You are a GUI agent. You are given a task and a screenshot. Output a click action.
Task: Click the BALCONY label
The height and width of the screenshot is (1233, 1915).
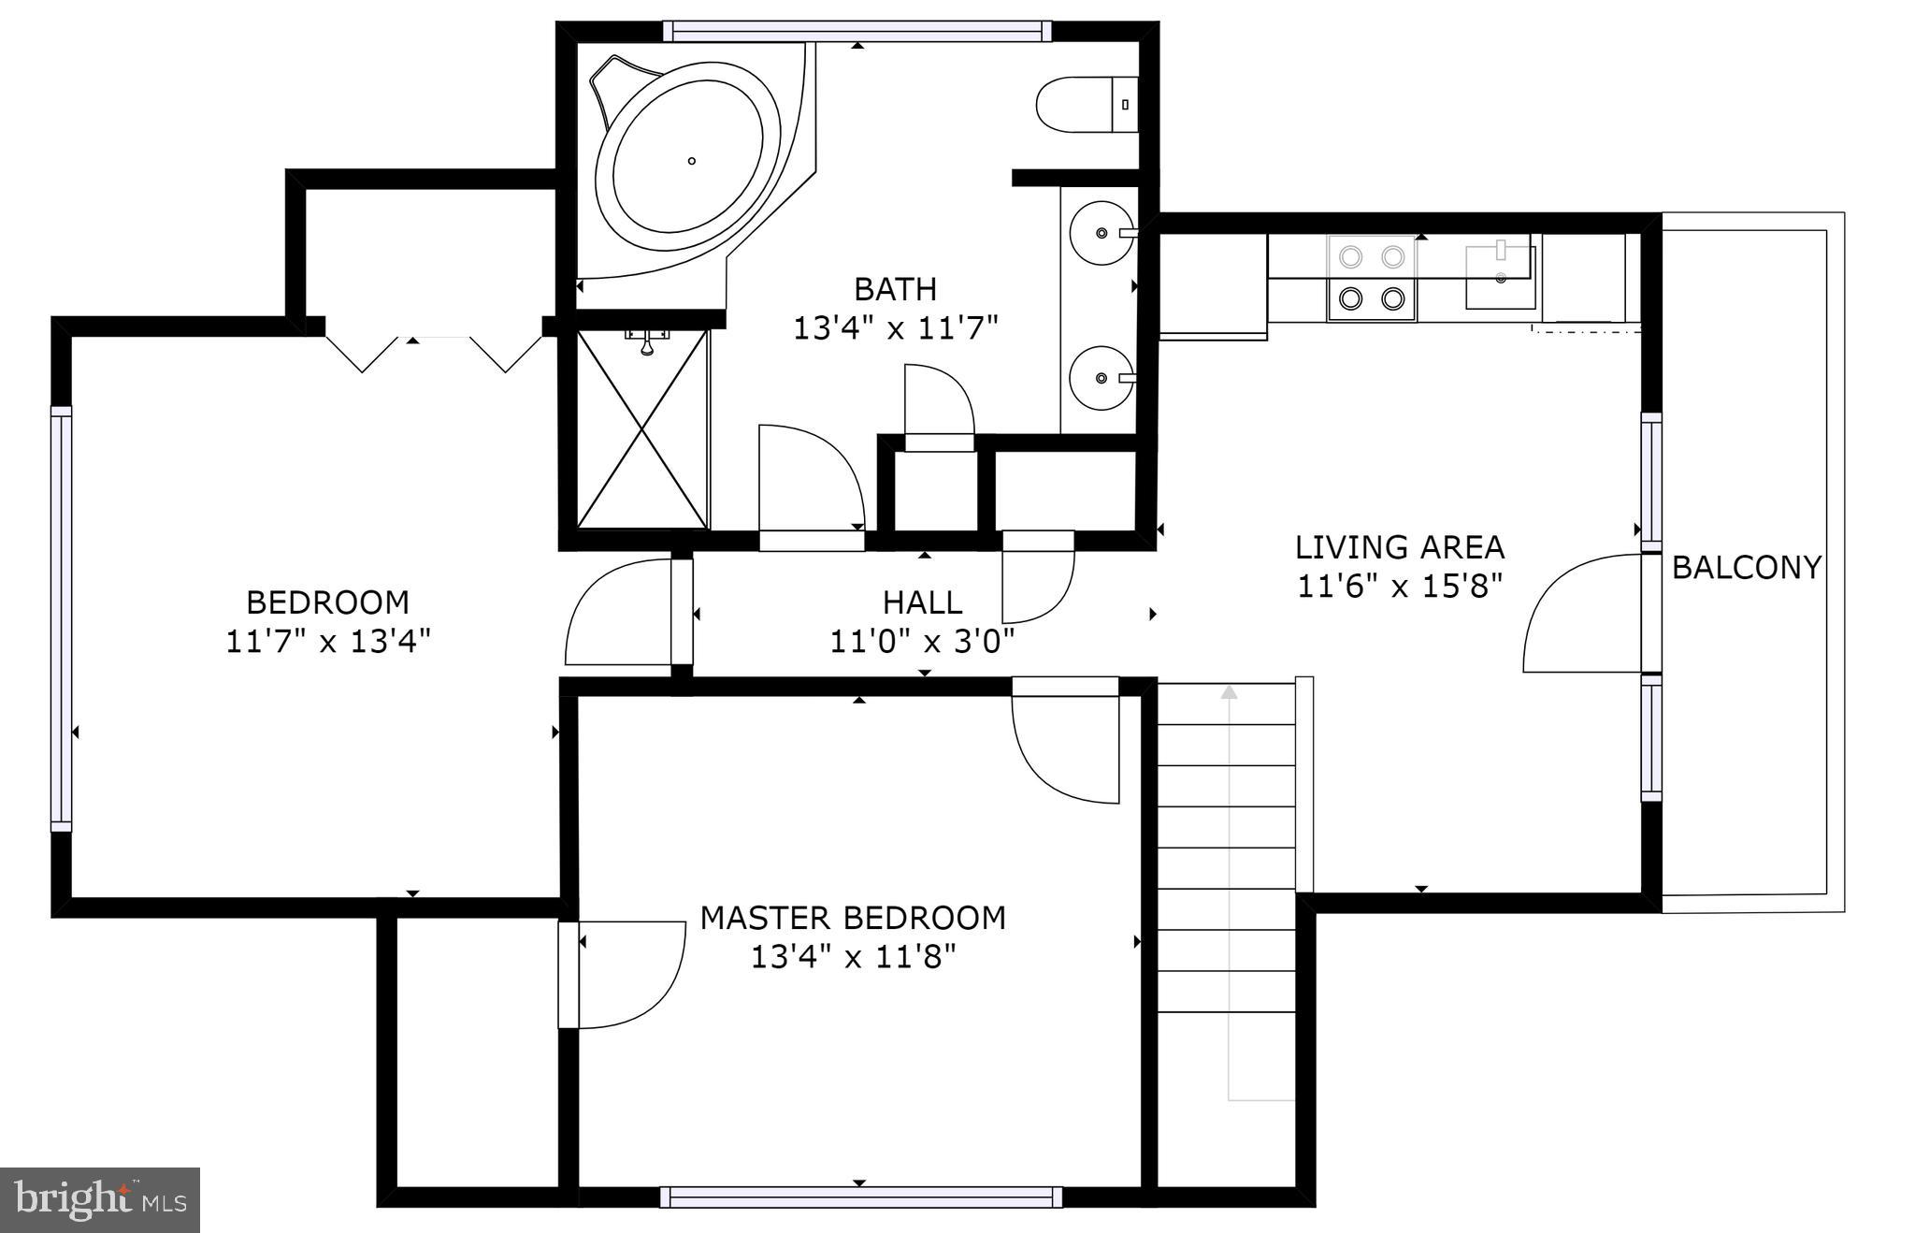1746,567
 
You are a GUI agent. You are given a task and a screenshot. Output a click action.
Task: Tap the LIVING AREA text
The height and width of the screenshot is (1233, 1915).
1399,546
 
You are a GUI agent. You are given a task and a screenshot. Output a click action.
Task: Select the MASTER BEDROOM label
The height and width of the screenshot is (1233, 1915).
853,918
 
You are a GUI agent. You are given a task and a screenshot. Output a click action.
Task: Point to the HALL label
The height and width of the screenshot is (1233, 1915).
923,602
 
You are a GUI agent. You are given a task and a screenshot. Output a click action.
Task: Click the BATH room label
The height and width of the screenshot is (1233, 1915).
896,289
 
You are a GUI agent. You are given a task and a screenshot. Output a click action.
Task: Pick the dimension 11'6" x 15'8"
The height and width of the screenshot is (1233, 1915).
1399,586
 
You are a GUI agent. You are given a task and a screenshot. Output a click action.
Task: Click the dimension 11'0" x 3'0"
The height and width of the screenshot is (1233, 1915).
923,642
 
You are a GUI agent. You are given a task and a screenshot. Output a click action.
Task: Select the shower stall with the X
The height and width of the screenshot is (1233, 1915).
642,429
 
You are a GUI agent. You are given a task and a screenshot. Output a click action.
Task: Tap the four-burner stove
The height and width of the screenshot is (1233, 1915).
1372,278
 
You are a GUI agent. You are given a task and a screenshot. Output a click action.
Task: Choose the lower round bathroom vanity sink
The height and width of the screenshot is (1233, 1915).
1102,378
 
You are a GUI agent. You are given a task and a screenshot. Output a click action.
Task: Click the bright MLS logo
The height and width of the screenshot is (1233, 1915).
100,1200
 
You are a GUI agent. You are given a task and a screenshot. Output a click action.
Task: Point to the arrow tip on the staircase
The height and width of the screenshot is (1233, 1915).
1229,691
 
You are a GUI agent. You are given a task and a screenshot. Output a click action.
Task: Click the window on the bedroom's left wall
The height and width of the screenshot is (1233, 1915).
61,618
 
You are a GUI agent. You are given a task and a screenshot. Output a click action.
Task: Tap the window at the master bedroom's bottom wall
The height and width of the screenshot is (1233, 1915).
861,1197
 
